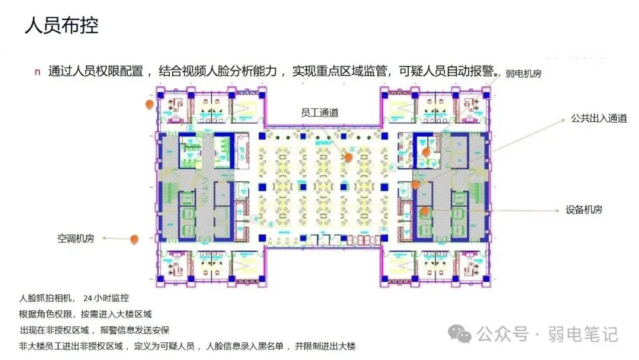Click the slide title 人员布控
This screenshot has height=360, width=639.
[x=61, y=26]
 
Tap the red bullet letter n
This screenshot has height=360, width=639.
[x=37, y=72]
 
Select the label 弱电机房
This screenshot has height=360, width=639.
[x=523, y=74]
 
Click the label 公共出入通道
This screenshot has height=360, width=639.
[x=598, y=118]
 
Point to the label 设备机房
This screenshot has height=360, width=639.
[x=584, y=210]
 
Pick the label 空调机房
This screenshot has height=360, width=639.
[x=76, y=239]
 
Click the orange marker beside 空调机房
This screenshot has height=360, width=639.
[x=135, y=239]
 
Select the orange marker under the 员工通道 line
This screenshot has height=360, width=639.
[x=349, y=157]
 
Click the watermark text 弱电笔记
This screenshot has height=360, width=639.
[x=583, y=335]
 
